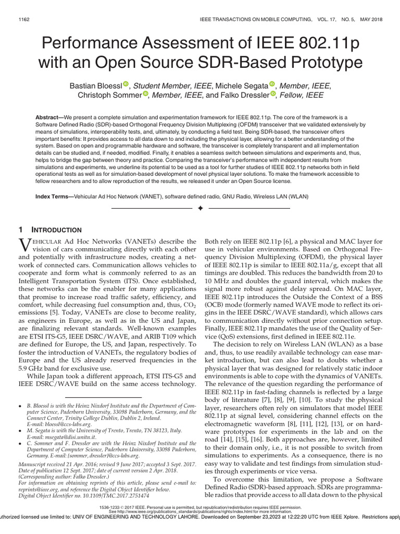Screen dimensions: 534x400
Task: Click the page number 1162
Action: tap(24, 19)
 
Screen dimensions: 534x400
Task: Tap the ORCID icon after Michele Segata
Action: tap(271, 84)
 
